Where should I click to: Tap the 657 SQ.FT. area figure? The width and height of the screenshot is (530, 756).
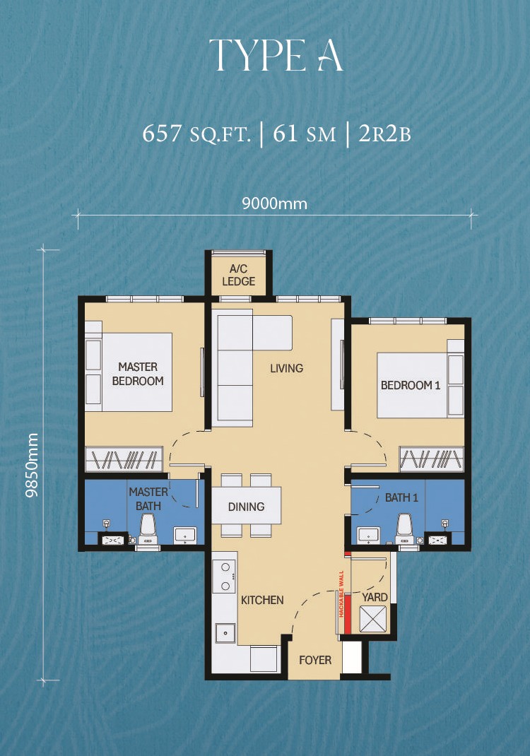pyautogui.click(x=196, y=134)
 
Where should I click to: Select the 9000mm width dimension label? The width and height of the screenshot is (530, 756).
pyautogui.click(x=274, y=204)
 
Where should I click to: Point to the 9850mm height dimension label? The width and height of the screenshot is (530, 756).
pyautogui.click(x=33, y=466)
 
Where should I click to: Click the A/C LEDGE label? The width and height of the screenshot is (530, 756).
pyautogui.click(x=239, y=276)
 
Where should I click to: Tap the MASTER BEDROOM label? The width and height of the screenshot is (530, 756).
pyautogui.click(x=138, y=374)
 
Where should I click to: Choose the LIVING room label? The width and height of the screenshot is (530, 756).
pyautogui.click(x=286, y=368)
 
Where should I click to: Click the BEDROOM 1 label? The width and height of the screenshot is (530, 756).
pyautogui.click(x=411, y=385)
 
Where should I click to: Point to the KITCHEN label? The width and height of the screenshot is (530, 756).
pyautogui.click(x=262, y=601)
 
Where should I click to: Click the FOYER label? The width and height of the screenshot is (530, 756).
pyautogui.click(x=315, y=660)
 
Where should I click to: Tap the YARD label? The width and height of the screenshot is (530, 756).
pyautogui.click(x=375, y=597)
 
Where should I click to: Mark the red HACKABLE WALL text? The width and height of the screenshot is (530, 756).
pyautogui.click(x=341, y=594)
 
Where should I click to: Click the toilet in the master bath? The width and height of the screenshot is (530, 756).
pyautogui.click(x=148, y=529)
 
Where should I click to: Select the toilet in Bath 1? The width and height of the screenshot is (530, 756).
pyautogui.click(x=404, y=529)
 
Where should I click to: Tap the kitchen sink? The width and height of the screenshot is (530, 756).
pyautogui.click(x=225, y=633)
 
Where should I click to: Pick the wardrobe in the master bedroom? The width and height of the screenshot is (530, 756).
pyautogui.click(x=124, y=459)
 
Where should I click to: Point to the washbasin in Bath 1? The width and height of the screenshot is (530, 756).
pyautogui.click(x=368, y=535)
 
